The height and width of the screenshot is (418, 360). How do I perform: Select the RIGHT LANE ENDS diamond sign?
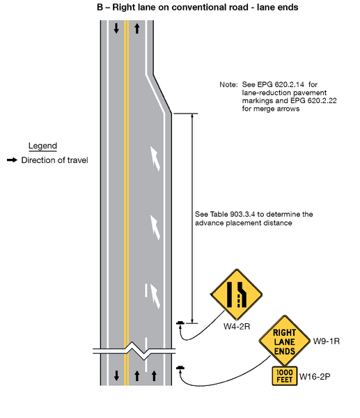tap(284, 342)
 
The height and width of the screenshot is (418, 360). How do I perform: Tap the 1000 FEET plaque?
tap(284, 376)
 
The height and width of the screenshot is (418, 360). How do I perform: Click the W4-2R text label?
tap(236, 325)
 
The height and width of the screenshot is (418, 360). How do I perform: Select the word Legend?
tap(42, 146)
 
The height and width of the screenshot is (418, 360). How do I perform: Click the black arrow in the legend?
tap(11, 160)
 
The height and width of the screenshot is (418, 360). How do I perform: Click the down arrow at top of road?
tap(116, 29)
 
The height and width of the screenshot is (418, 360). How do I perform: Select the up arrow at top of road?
tap(137, 29)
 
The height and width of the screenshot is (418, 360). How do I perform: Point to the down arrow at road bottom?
tap(116, 376)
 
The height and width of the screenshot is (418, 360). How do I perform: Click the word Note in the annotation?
tap(228, 84)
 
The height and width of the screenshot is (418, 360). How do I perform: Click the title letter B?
tap(100, 6)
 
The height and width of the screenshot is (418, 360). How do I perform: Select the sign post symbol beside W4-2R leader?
tap(180, 323)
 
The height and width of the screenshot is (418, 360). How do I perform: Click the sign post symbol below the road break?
tap(180, 368)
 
